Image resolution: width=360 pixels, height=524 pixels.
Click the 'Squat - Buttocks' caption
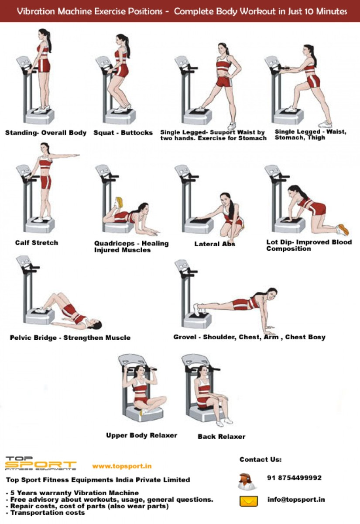[123, 133]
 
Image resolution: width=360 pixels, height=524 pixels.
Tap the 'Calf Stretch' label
[36, 243]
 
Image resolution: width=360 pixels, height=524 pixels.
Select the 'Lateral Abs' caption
[215, 244]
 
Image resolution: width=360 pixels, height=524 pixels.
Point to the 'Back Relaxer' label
[221, 437]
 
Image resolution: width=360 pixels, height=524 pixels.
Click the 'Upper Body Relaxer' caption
[141, 435]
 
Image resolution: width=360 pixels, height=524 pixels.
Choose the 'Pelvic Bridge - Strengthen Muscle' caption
[70, 338]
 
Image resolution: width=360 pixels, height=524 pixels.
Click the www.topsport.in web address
[122, 466]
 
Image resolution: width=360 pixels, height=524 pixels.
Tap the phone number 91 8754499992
[294, 478]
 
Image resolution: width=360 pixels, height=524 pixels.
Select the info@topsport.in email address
[296, 500]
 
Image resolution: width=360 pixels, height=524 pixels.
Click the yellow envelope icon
[248, 501]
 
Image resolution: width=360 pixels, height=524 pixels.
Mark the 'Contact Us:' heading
[261, 459]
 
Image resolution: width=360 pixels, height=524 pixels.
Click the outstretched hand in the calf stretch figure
[76, 155]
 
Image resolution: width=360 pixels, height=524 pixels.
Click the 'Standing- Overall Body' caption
[46, 133]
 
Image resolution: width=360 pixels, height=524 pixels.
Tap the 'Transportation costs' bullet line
[48, 513]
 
